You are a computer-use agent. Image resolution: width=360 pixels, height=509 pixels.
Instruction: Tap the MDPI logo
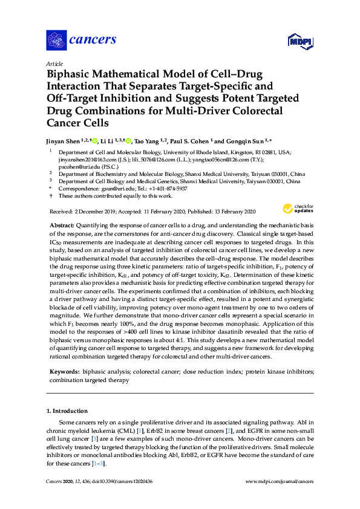[x=301, y=41]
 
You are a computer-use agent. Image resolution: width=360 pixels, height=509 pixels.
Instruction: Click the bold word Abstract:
[x=62, y=224]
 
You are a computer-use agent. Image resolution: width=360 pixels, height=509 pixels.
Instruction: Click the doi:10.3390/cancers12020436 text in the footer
[x=127, y=481]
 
